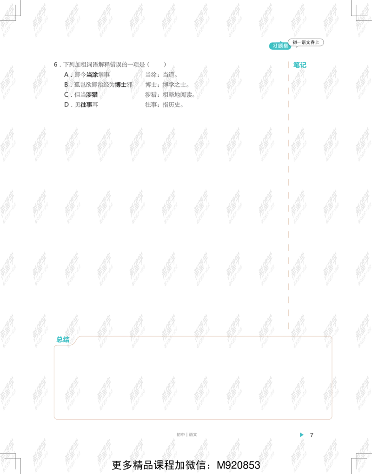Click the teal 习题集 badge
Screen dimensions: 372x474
[280, 46]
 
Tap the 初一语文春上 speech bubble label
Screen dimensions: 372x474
[306, 42]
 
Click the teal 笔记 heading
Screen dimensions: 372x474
[300, 65]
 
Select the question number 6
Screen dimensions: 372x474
[56, 65]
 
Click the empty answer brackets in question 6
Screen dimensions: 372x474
[156, 65]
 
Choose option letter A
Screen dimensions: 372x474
[66, 75]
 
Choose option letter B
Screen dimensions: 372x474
[66, 85]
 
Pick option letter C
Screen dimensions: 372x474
[66, 95]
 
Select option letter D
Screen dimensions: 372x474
[66, 105]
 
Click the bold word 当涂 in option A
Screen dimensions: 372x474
[92, 75]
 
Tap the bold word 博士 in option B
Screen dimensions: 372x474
[121, 85]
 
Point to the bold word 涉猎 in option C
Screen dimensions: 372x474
[92, 95]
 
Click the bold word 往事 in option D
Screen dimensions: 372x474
[86, 105]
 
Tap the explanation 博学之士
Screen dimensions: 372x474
[174, 85]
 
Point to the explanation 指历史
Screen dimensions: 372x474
[172, 105]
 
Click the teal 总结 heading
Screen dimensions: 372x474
[63, 340]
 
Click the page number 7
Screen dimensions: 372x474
[312, 435]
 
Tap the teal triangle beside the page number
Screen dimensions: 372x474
[301, 434]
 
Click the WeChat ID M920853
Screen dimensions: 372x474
[239, 465]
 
